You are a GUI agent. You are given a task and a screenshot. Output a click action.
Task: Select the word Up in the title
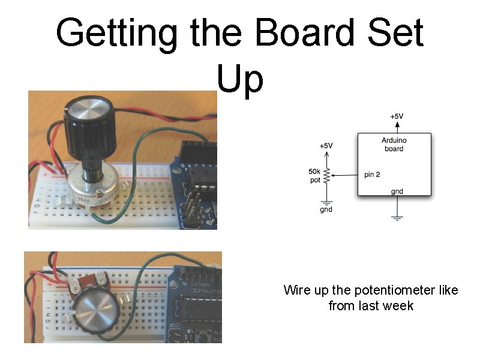(x=240, y=79)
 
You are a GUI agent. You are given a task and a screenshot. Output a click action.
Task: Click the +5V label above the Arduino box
(x=397, y=116)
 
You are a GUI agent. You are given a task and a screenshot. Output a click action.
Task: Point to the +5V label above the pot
(x=326, y=146)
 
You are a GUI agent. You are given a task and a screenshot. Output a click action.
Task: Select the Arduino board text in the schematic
(x=394, y=145)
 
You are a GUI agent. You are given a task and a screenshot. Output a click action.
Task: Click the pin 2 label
(x=372, y=175)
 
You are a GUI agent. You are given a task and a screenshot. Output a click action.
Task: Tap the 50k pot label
(x=314, y=176)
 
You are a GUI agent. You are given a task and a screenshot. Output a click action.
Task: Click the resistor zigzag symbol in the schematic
(x=327, y=176)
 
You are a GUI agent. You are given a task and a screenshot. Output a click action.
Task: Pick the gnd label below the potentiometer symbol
(x=326, y=209)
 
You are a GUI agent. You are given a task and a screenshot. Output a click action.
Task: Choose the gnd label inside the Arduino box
(x=397, y=191)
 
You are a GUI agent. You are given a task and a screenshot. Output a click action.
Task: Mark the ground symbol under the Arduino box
(x=397, y=217)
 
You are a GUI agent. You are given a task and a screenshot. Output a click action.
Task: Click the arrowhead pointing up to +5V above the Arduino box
(x=397, y=124)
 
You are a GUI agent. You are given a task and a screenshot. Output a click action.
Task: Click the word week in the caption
(x=400, y=306)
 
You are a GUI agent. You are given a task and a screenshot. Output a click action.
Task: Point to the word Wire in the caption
(x=296, y=290)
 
